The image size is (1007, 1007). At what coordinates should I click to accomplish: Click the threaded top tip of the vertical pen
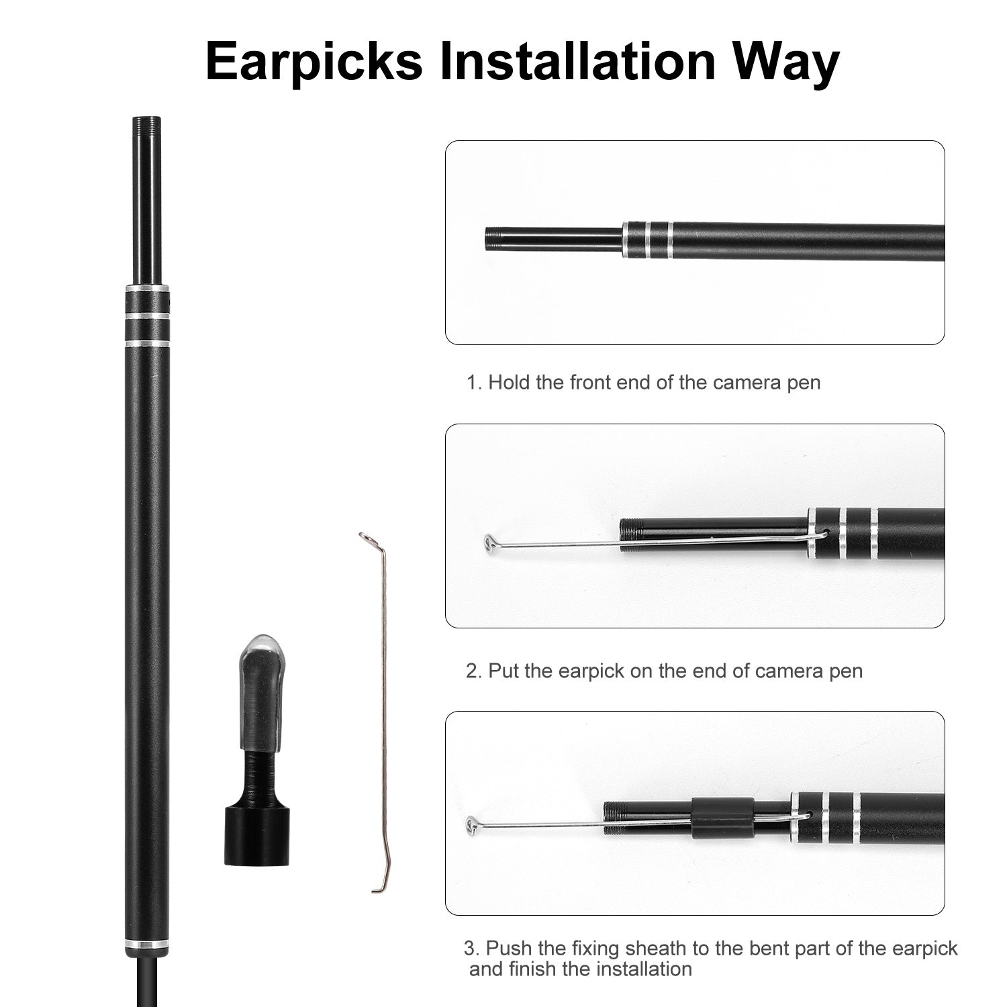(x=147, y=124)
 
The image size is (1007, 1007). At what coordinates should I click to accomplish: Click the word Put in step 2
(x=503, y=671)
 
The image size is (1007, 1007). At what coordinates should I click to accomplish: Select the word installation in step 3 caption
(x=634, y=969)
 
